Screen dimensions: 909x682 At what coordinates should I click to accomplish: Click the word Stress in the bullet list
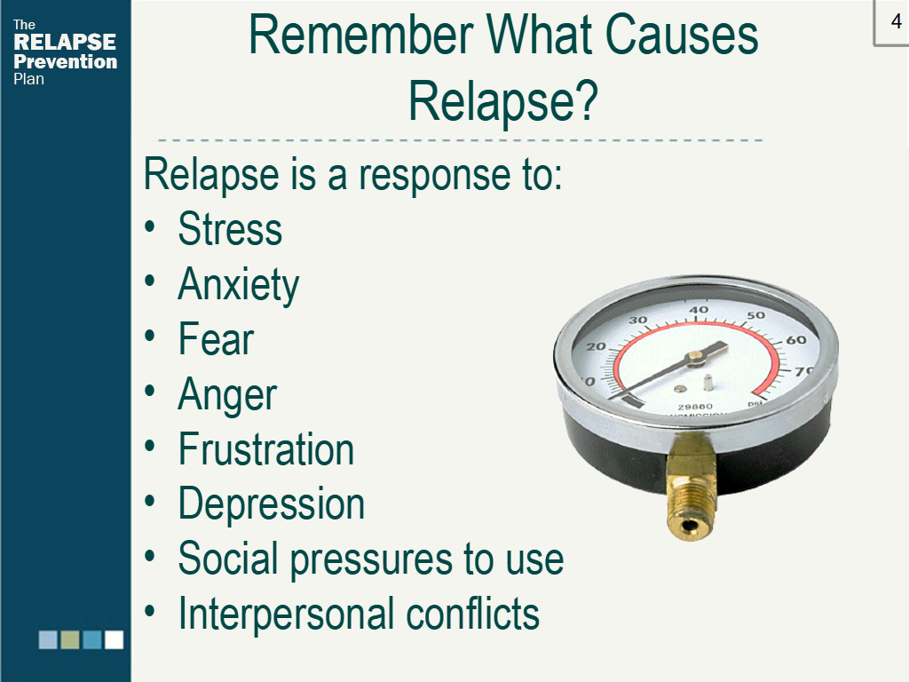point(230,229)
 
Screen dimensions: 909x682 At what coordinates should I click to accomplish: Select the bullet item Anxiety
point(238,285)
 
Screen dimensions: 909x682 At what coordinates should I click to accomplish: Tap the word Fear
point(216,338)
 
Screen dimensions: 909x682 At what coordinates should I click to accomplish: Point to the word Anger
point(227,395)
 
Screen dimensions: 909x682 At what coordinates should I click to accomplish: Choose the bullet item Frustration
point(266,448)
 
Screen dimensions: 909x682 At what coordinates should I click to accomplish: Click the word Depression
point(272,504)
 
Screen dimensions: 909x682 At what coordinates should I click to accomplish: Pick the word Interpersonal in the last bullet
point(287,615)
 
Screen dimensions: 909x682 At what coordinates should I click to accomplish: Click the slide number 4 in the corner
point(897,21)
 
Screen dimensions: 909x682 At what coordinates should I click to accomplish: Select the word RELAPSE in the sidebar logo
point(64,42)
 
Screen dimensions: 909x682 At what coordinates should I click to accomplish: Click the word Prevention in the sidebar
point(65,61)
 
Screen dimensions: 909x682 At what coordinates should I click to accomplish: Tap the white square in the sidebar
point(114,639)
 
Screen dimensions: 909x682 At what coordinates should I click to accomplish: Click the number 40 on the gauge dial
point(699,310)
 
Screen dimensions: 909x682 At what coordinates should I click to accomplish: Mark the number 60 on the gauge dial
point(796,340)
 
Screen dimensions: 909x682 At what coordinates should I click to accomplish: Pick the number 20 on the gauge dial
point(596,347)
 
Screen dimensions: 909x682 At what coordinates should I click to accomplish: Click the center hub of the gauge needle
point(695,356)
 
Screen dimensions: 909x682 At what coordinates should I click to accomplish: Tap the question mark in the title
point(587,100)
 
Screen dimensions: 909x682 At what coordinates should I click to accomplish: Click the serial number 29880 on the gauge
point(695,407)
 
